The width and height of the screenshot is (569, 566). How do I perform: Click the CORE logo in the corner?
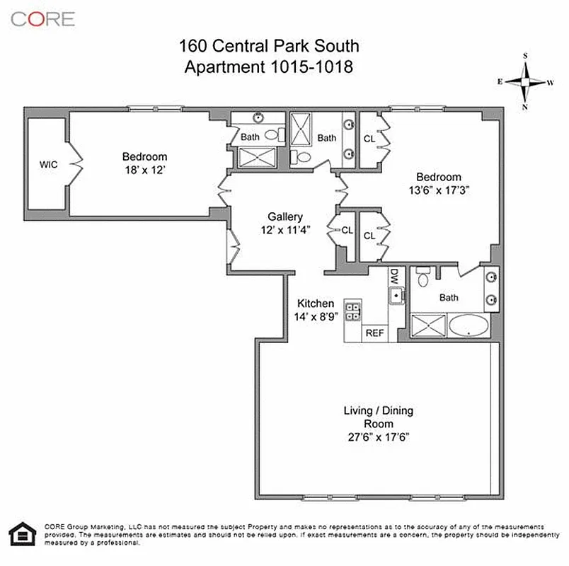click(42, 18)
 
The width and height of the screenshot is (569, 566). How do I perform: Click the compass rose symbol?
click(526, 81)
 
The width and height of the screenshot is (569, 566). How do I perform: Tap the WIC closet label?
click(48, 165)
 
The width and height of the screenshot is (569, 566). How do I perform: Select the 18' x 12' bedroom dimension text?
click(144, 170)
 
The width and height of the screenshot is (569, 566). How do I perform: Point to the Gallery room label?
click(285, 216)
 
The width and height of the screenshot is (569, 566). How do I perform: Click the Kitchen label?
click(315, 303)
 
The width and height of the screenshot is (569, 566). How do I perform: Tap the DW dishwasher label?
click(395, 277)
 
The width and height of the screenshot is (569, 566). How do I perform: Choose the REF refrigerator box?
click(373, 333)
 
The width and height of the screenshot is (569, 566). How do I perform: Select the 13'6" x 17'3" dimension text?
click(438, 190)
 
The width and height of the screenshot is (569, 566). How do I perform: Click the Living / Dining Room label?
click(378, 417)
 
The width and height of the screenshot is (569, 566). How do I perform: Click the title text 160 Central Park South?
click(269, 47)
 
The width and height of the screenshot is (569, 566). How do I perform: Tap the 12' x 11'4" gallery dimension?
click(285, 230)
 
